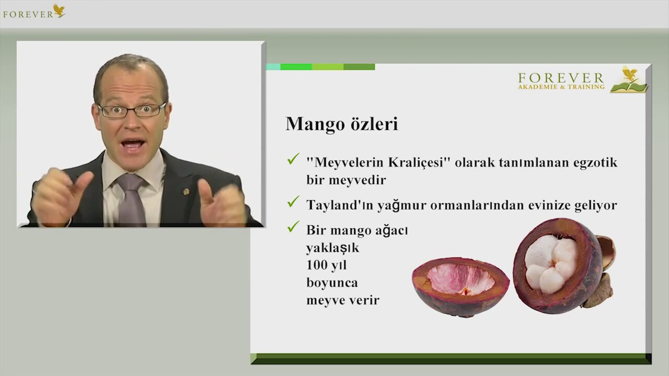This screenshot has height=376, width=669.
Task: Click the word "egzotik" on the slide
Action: coord(595,163)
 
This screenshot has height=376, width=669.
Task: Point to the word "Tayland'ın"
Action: coord(340,205)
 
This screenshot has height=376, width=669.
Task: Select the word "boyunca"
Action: coord(332,283)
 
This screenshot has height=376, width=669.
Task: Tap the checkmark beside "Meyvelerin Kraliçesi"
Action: coord(293,159)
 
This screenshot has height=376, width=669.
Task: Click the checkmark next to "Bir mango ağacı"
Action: coord(293,227)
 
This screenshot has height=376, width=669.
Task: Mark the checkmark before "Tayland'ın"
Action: coord(293,202)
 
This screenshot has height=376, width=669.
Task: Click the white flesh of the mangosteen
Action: coord(550,264)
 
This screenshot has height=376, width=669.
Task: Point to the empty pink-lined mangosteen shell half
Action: coord(460,287)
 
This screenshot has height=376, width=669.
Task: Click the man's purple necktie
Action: coord(131,199)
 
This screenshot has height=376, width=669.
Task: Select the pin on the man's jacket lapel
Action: coord(186,192)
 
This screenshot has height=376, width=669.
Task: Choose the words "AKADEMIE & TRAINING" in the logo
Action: coord(561,87)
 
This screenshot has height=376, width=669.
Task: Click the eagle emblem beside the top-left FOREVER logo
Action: coord(59,10)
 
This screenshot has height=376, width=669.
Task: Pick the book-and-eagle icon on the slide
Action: coord(629,80)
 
